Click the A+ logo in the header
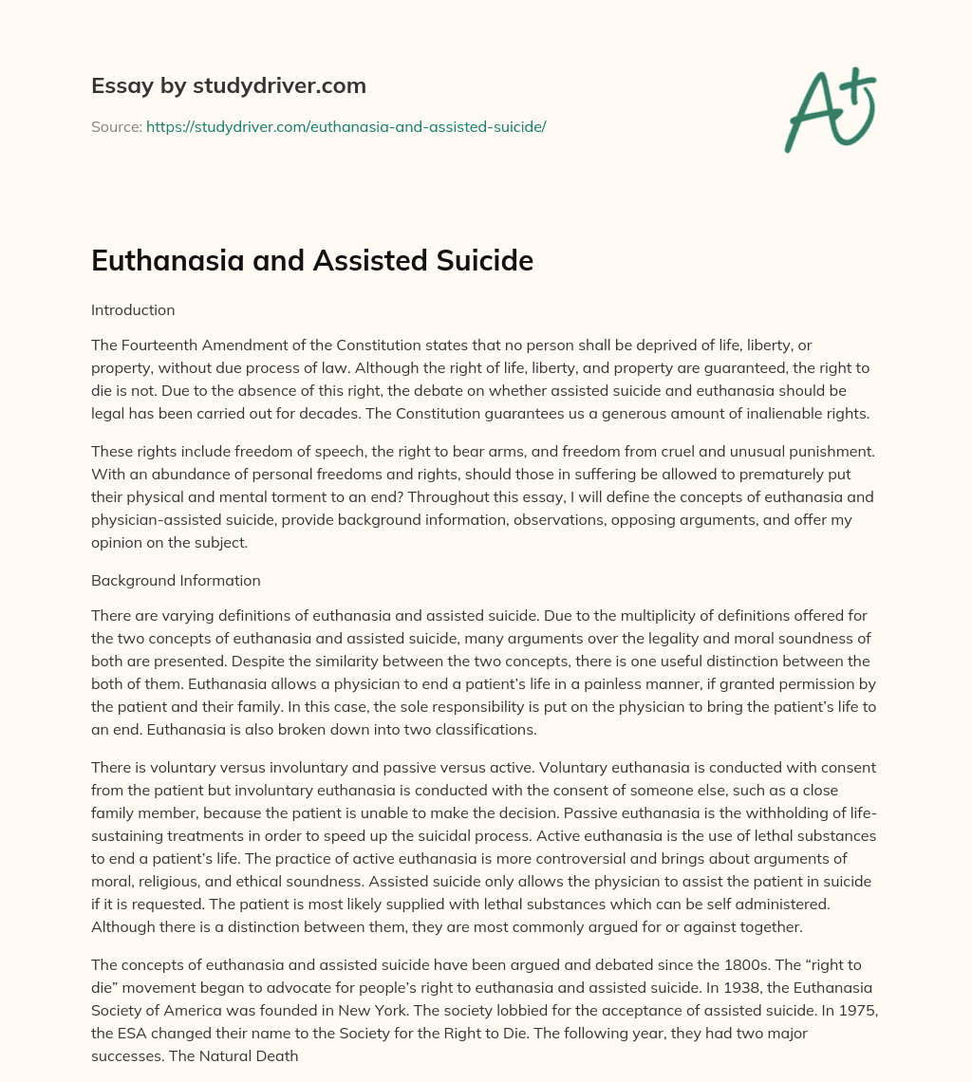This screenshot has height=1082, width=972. pyautogui.click(x=830, y=110)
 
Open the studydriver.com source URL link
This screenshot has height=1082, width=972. pyautogui.click(x=346, y=126)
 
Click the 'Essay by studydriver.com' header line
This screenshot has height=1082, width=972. pyautogui.click(x=229, y=85)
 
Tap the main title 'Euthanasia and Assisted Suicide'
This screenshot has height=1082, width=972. pyautogui.click(x=312, y=261)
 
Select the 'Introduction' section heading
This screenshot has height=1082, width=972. pyautogui.click(x=133, y=309)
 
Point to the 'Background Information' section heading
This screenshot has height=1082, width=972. pyautogui.click(x=176, y=580)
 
